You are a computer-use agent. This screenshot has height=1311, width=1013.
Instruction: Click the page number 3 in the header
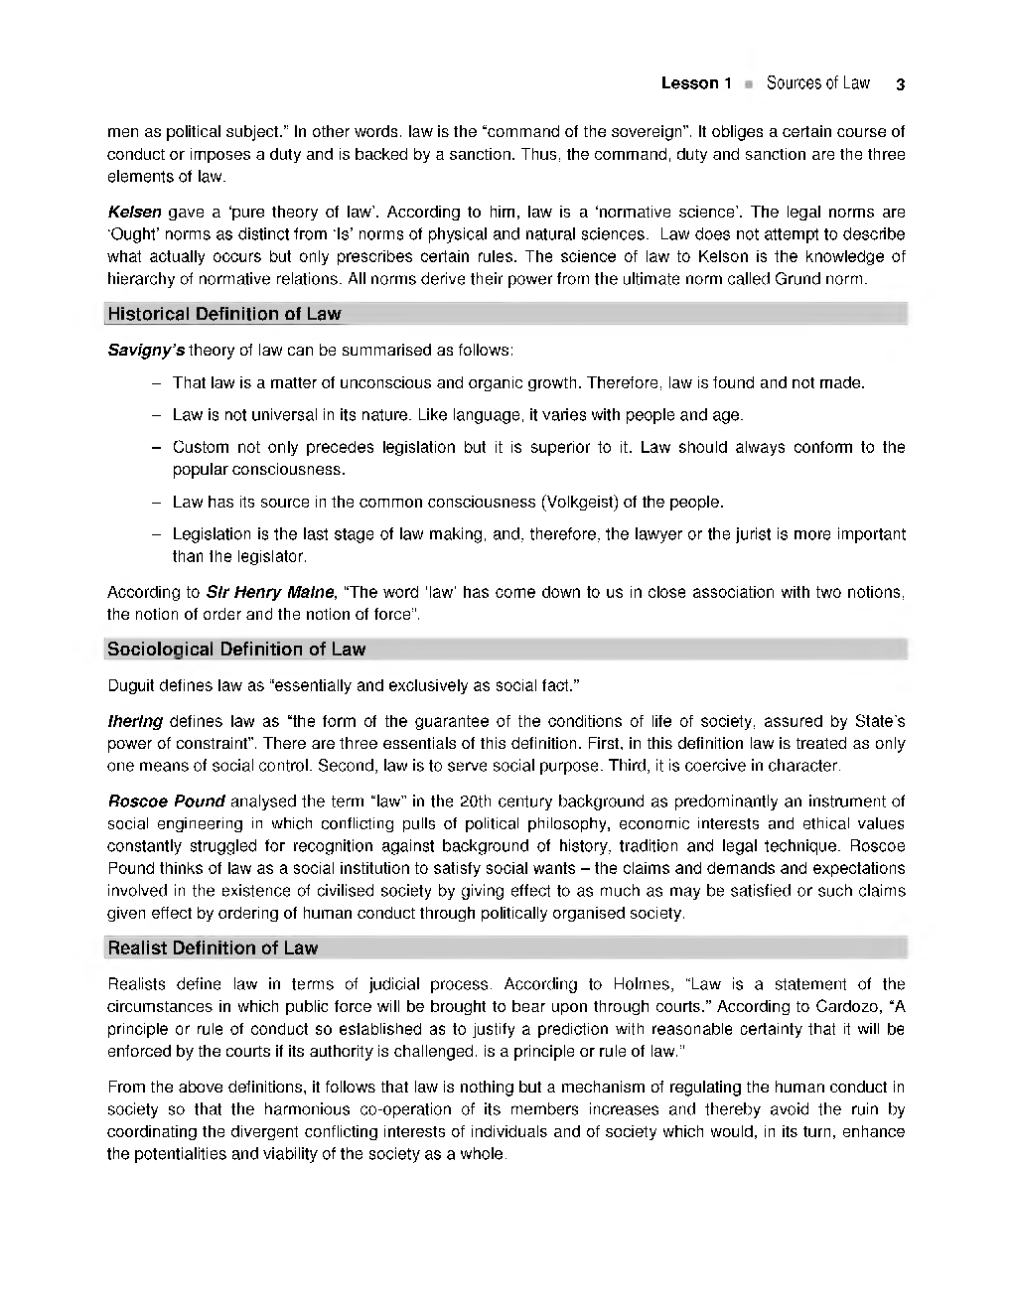pos(899,84)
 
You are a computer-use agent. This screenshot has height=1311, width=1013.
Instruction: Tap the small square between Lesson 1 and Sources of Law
pos(750,84)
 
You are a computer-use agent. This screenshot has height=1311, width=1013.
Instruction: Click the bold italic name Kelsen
pos(135,212)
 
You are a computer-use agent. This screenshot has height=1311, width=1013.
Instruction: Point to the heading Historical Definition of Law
pos(223,314)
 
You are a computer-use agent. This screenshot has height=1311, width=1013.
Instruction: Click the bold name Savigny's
pos(146,351)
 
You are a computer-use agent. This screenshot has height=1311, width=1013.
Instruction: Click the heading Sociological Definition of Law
pos(236,650)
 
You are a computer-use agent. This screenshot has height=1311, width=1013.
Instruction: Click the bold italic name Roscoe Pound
pos(166,801)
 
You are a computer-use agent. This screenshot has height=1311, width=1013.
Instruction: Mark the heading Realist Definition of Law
pos(213,947)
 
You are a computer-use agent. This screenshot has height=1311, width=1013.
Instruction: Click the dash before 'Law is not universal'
pos(157,415)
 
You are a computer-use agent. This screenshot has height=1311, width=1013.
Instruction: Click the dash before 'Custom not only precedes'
pos(157,447)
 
